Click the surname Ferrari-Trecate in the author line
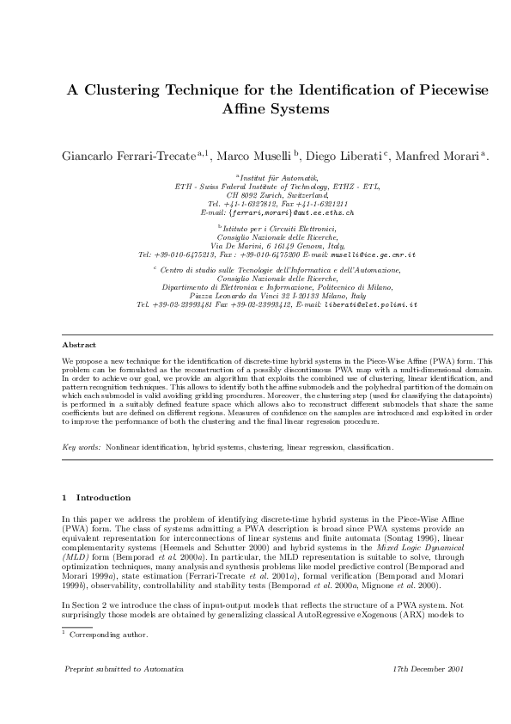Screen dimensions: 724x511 tap(156, 156)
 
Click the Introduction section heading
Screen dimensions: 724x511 tap(103, 497)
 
